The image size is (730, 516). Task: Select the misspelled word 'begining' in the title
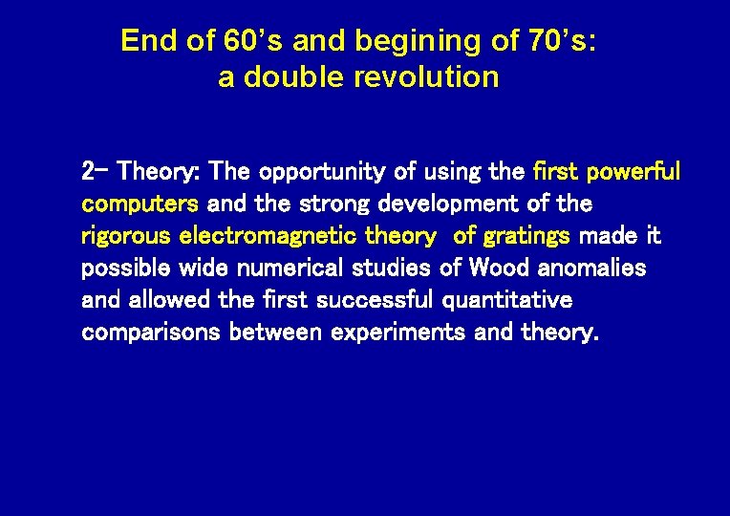[x=419, y=41]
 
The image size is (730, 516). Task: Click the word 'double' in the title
[x=295, y=77]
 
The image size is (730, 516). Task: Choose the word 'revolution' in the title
[x=426, y=77]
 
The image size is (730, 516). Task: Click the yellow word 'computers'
[x=140, y=204]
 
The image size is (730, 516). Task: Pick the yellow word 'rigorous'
[x=126, y=236]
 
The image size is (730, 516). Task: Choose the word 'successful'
[x=377, y=300]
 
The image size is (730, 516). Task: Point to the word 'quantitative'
[x=508, y=300]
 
